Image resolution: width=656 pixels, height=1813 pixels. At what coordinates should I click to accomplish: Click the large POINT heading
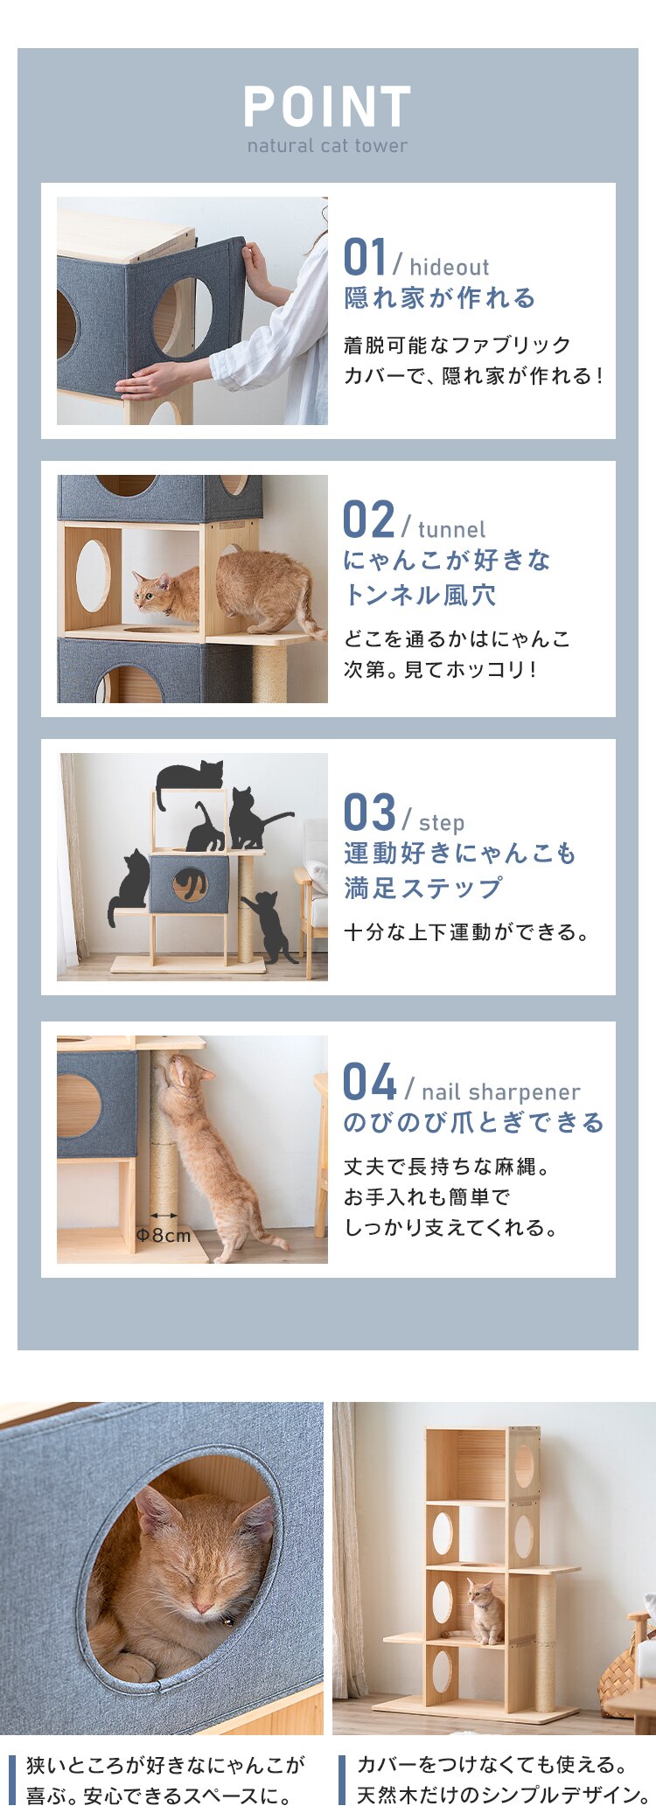pyautogui.click(x=327, y=108)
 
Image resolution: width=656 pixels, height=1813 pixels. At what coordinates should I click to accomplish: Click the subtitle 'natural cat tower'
pyautogui.click(x=327, y=146)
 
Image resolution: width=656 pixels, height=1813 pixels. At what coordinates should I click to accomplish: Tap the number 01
pyautogui.click(x=365, y=258)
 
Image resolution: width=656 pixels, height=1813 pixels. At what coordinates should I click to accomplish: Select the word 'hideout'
pyautogui.click(x=449, y=268)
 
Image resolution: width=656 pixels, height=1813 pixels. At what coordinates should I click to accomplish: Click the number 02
pyautogui.click(x=368, y=520)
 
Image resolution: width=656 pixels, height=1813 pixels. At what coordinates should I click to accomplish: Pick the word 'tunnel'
pyautogui.click(x=451, y=530)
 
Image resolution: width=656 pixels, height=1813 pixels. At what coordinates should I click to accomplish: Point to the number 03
pyautogui.click(x=369, y=813)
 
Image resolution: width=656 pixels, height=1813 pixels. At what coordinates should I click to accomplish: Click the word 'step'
pyautogui.click(x=442, y=823)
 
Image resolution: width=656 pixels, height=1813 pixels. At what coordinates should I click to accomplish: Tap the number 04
pyautogui.click(x=369, y=1082)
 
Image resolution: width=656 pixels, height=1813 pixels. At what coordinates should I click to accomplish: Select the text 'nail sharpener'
pyautogui.click(x=500, y=1091)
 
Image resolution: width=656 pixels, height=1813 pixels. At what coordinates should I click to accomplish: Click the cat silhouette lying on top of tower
pyautogui.click(x=190, y=774)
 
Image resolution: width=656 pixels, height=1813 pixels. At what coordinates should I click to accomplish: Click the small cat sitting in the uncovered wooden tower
pyautogui.click(x=485, y=1611)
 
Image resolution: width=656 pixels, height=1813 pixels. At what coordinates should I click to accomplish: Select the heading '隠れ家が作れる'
pyautogui.click(x=439, y=298)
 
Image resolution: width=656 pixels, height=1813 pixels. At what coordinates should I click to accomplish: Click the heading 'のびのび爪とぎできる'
pyautogui.click(x=473, y=1122)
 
